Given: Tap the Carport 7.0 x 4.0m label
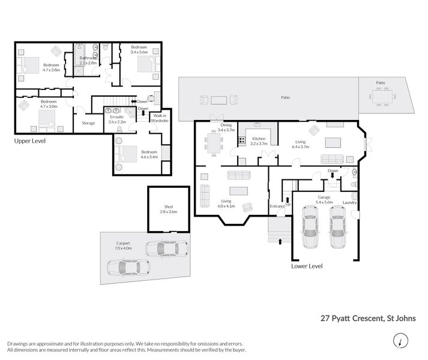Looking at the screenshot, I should pos(122,245).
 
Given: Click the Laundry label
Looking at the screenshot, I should pos(350,203).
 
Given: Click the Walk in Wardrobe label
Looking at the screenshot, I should pos(160,118).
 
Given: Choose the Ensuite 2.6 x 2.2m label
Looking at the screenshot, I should pos(117,119).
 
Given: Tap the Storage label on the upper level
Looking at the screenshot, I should pos(88,124).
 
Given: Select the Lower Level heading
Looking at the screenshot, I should pos(307,266).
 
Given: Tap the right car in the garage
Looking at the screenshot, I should pos(338,231).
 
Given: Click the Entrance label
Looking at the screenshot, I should pos(277,206).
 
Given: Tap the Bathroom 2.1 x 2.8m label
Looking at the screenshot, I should pos(88,61).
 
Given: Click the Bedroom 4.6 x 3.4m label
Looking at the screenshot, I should pos(149,155).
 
